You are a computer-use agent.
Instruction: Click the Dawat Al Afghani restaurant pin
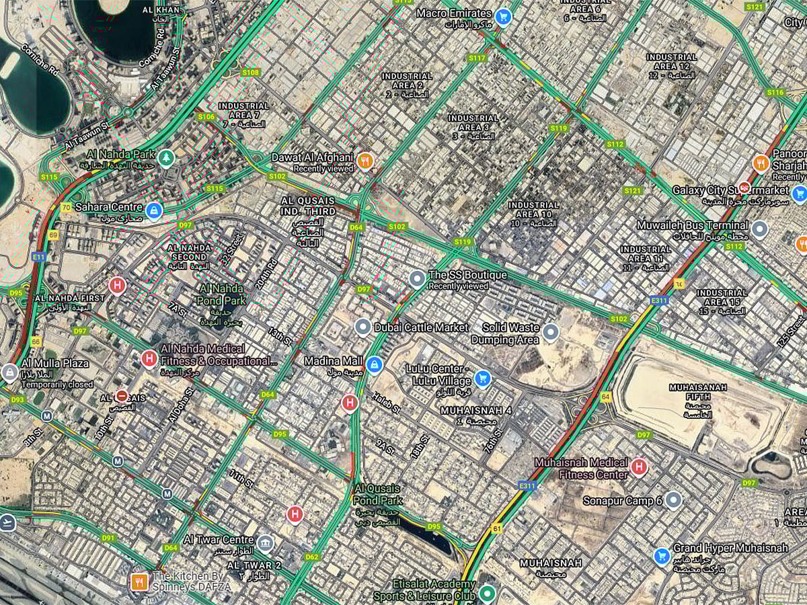point(366,160)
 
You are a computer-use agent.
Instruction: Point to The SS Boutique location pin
point(418,278)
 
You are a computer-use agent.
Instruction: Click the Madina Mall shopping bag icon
point(375,365)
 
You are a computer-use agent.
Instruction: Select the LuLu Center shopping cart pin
point(482,378)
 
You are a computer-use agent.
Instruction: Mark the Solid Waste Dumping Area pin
point(551,331)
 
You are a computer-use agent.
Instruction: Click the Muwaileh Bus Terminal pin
point(760,229)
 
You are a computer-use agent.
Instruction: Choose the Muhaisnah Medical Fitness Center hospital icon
point(639,466)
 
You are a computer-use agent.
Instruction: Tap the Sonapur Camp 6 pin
point(673,499)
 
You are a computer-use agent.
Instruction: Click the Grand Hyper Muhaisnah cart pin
point(662,556)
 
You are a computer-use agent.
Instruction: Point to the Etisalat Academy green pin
point(487,594)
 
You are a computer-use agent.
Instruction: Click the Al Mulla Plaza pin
point(9,372)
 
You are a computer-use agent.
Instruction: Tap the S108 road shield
point(251,72)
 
